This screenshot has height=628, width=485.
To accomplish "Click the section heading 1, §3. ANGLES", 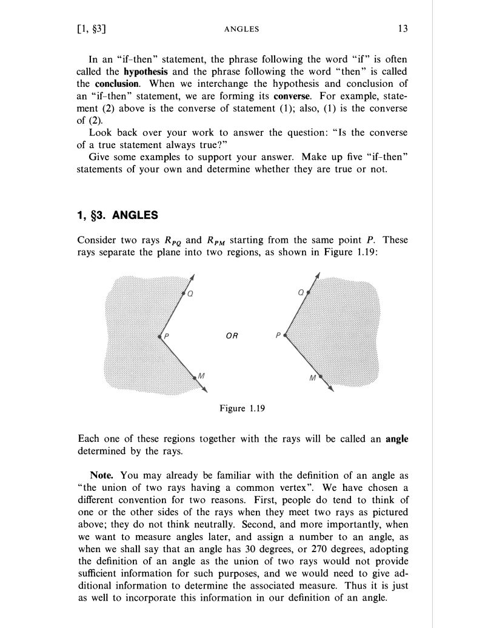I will click(118, 214).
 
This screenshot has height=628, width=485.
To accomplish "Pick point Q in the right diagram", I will click(309, 292).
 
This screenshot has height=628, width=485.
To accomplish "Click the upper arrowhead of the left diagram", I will click(193, 277).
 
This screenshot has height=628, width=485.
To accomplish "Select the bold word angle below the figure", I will click(396, 440).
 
